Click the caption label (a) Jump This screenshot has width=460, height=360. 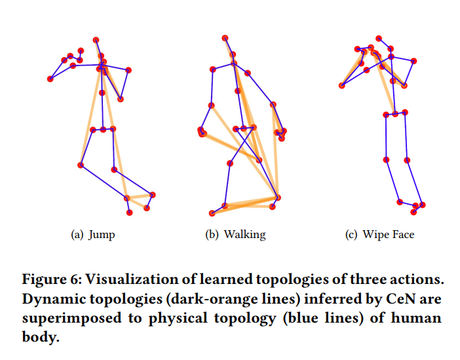[92, 235]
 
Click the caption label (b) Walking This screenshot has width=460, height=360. [236, 235]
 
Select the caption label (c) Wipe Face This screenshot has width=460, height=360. [379, 235]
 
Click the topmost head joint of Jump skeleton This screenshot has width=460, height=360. [96, 40]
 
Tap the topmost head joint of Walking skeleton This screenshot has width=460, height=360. [225, 38]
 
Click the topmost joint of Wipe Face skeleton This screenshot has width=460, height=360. [379, 39]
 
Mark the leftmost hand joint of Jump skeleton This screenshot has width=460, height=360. [50, 79]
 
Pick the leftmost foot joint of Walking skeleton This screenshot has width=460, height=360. [211, 213]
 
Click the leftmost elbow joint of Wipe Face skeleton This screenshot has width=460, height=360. [341, 85]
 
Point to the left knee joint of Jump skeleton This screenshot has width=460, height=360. [81, 165]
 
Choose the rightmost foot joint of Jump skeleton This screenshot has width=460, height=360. [153, 194]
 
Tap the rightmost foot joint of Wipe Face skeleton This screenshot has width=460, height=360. [423, 205]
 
